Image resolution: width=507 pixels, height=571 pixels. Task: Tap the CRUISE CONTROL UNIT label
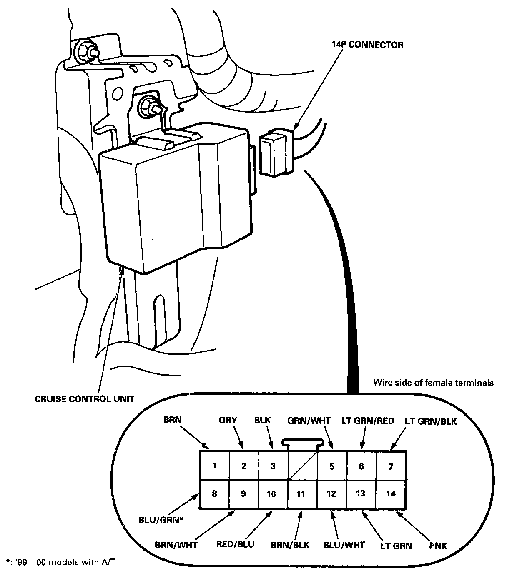click(x=85, y=399)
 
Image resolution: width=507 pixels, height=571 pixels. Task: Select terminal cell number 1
click(x=214, y=466)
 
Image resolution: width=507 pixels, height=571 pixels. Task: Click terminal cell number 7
click(x=391, y=466)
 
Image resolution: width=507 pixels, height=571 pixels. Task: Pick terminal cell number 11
click(x=301, y=494)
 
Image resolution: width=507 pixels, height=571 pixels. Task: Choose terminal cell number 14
click(x=391, y=494)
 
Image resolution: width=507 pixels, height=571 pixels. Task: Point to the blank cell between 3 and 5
click(x=302, y=466)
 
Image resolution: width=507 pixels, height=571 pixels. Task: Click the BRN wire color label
click(x=172, y=420)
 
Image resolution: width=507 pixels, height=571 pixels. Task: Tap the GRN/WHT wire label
click(x=309, y=421)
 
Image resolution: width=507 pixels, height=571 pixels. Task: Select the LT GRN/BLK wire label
click(x=431, y=421)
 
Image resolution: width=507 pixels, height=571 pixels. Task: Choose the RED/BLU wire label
click(x=236, y=544)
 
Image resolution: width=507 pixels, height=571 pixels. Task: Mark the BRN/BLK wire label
click(x=290, y=545)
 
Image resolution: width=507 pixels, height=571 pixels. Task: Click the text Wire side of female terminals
click(x=433, y=382)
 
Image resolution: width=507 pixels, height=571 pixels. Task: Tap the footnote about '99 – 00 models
click(x=60, y=563)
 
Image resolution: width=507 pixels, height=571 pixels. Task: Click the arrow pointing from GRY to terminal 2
click(x=240, y=438)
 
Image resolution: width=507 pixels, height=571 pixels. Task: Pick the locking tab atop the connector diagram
click(x=302, y=443)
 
